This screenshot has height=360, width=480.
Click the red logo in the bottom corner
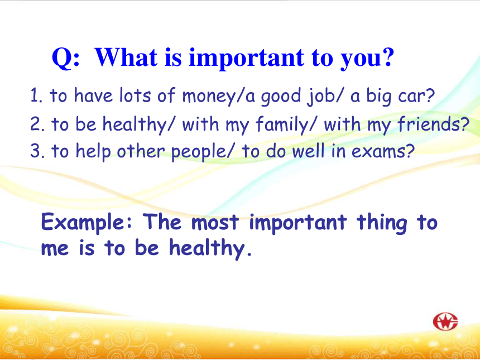[445, 321]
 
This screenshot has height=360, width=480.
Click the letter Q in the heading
[62, 58]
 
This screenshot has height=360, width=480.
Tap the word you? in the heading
[367, 59]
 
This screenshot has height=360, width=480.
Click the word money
[209, 97]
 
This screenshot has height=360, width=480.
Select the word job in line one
[318, 96]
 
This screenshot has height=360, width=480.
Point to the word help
[93, 151]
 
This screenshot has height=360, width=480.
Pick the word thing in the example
[382, 223]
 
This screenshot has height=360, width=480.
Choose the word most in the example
[215, 222]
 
